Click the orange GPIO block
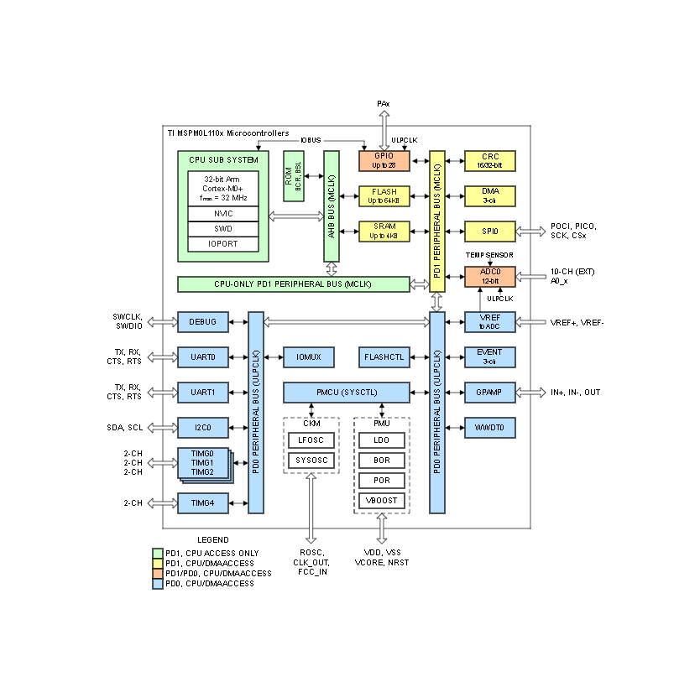(384, 160)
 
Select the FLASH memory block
(384, 195)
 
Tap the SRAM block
(384, 231)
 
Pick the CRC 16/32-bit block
(490, 160)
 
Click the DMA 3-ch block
(490, 195)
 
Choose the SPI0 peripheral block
(490, 231)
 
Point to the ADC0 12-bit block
(490, 276)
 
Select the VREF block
(490, 321)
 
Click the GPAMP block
(490, 392)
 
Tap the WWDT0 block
(490, 428)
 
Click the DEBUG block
(202, 321)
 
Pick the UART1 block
(202, 392)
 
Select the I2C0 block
(202, 428)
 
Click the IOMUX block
(308, 357)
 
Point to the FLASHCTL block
(384, 357)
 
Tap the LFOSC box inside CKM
(311, 440)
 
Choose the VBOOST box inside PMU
(382, 501)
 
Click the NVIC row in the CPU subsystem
(222, 213)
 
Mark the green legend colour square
(158, 553)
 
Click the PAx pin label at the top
(384, 103)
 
